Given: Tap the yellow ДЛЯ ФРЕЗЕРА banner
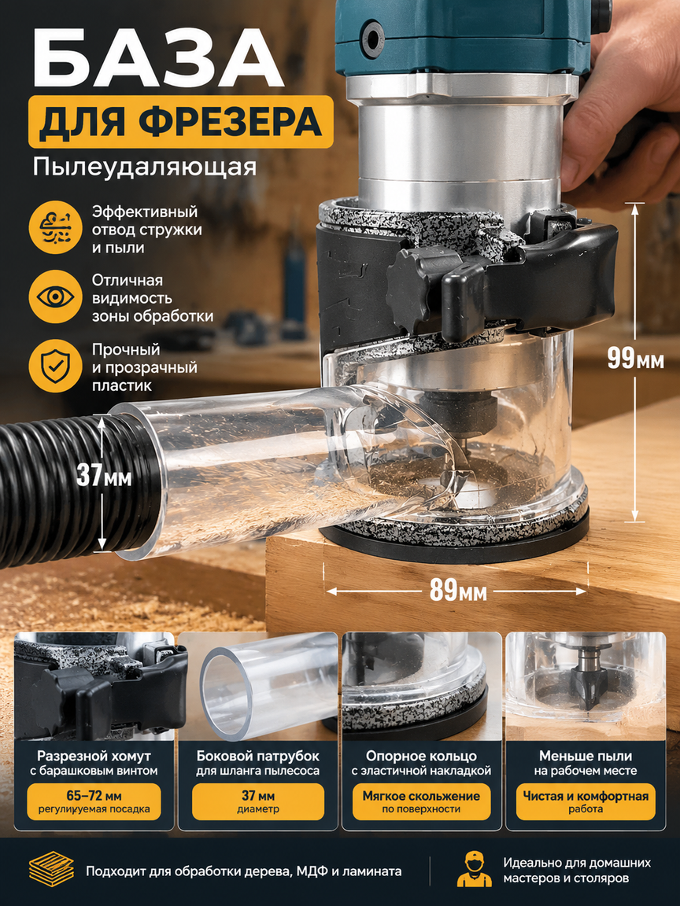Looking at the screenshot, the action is (181, 122).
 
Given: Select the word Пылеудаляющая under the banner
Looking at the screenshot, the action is (145, 167).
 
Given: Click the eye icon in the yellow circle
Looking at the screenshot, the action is (56, 297).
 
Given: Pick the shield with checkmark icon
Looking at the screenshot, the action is (56, 366).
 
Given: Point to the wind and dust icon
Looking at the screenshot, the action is (56, 227).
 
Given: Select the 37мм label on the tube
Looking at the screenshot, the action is (104, 476).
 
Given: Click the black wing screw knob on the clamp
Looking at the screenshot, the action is (413, 288).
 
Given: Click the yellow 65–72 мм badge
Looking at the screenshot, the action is (94, 801).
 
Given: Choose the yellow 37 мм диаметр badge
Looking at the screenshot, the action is (258, 801).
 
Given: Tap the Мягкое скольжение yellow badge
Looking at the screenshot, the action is (421, 801).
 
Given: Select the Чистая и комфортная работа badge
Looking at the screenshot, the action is (586, 801).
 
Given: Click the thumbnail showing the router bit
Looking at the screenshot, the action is (586, 686).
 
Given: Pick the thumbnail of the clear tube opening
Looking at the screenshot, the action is (258, 686).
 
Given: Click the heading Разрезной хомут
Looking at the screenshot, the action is (94, 756).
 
